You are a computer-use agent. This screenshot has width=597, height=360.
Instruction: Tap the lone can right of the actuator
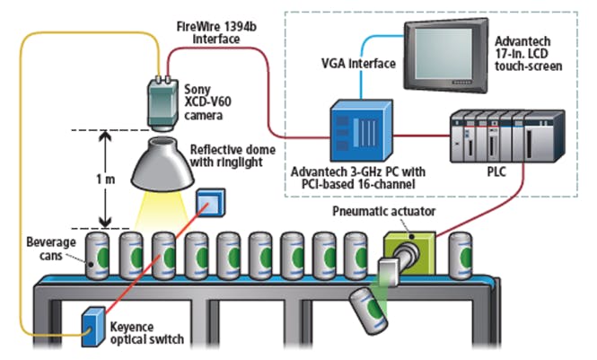click(x=461, y=255)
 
